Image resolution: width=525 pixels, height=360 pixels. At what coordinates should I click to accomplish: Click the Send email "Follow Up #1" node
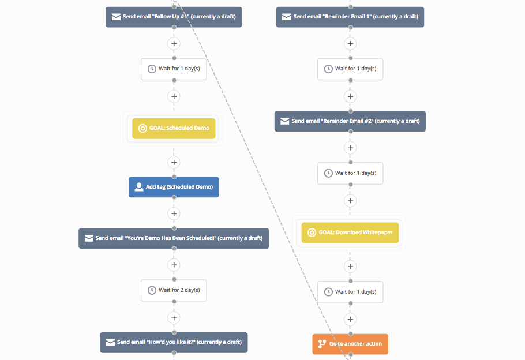tap(174, 17)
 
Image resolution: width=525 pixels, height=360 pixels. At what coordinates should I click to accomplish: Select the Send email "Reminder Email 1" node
tap(350, 17)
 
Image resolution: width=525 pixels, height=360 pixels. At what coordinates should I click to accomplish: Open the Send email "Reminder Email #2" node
tap(350, 121)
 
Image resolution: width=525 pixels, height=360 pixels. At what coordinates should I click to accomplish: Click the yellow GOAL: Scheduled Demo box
tap(174, 128)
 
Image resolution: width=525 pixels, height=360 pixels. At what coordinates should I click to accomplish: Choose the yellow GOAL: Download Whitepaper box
tap(350, 232)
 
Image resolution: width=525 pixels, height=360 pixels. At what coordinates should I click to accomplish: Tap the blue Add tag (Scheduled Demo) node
tap(174, 187)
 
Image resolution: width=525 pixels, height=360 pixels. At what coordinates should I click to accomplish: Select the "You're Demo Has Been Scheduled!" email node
tap(174, 238)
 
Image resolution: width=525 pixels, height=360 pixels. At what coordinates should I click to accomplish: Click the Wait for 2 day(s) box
tap(174, 290)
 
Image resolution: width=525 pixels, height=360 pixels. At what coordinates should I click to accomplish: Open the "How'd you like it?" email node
tap(174, 342)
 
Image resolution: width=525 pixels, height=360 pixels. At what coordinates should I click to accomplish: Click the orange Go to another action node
tap(350, 344)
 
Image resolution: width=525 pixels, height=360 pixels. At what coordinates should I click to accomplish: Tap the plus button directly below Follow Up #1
tap(174, 43)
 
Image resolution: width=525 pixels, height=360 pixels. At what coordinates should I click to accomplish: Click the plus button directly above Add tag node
tap(174, 162)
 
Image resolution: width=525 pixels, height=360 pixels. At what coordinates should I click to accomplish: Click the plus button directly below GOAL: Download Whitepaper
tap(350, 266)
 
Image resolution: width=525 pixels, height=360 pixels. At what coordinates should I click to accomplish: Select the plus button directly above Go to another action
tap(350, 319)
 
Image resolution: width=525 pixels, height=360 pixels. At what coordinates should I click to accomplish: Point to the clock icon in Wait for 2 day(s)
tap(152, 290)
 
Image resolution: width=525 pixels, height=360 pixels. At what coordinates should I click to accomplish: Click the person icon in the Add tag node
tap(138, 187)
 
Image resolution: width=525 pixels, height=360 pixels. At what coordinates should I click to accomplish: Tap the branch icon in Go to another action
tap(322, 344)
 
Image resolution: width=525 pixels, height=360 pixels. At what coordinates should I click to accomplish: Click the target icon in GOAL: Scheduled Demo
tap(142, 128)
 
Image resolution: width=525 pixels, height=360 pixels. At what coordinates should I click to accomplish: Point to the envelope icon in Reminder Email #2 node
tap(284, 121)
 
